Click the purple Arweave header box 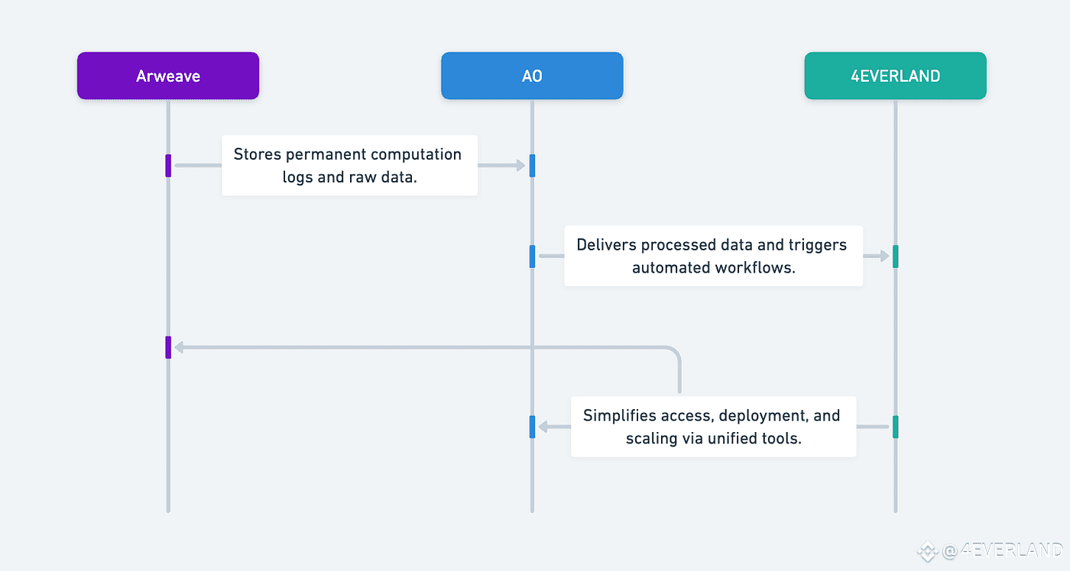[x=168, y=76]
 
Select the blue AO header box [x=532, y=76]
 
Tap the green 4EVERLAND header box [x=896, y=76]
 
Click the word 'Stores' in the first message [x=257, y=154]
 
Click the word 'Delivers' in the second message [x=607, y=245]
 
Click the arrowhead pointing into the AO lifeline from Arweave [x=520, y=166]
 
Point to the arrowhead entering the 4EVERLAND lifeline [x=884, y=256]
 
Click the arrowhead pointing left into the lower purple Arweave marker [x=179, y=347]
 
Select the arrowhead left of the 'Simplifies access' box [x=543, y=427]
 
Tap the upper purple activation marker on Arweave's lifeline [x=168, y=166]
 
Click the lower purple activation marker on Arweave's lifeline [x=168, y=347]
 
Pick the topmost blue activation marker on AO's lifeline [x=532, y=166]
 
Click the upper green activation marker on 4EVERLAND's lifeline [x=896, y=256]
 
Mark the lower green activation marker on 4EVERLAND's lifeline [x=896, y=427]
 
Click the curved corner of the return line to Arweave [x=674, y=352]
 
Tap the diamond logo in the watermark [x=928, y=552]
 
